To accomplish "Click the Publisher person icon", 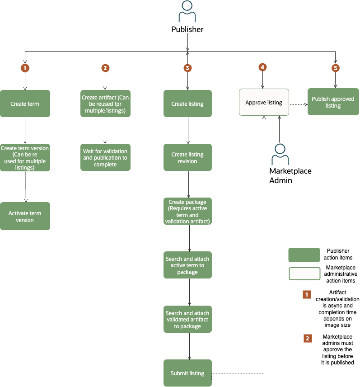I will click(187, 12).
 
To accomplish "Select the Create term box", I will click(25, 104).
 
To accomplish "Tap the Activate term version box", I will click(25, 216).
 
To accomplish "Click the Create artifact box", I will click(105, 104).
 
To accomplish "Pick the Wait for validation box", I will click(105, 158).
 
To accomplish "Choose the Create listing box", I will click(187, 104).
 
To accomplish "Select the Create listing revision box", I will click(187, 158).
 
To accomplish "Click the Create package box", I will click(187, 212).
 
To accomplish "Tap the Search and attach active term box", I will click(187, 265).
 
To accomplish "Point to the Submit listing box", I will click(187, 373).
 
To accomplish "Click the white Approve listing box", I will click(263, 103).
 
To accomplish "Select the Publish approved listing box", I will click(333, 102).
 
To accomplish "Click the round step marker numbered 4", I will click(262, 67).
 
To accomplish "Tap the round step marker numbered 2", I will click(105, 68).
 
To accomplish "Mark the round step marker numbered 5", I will click(335, 68).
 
